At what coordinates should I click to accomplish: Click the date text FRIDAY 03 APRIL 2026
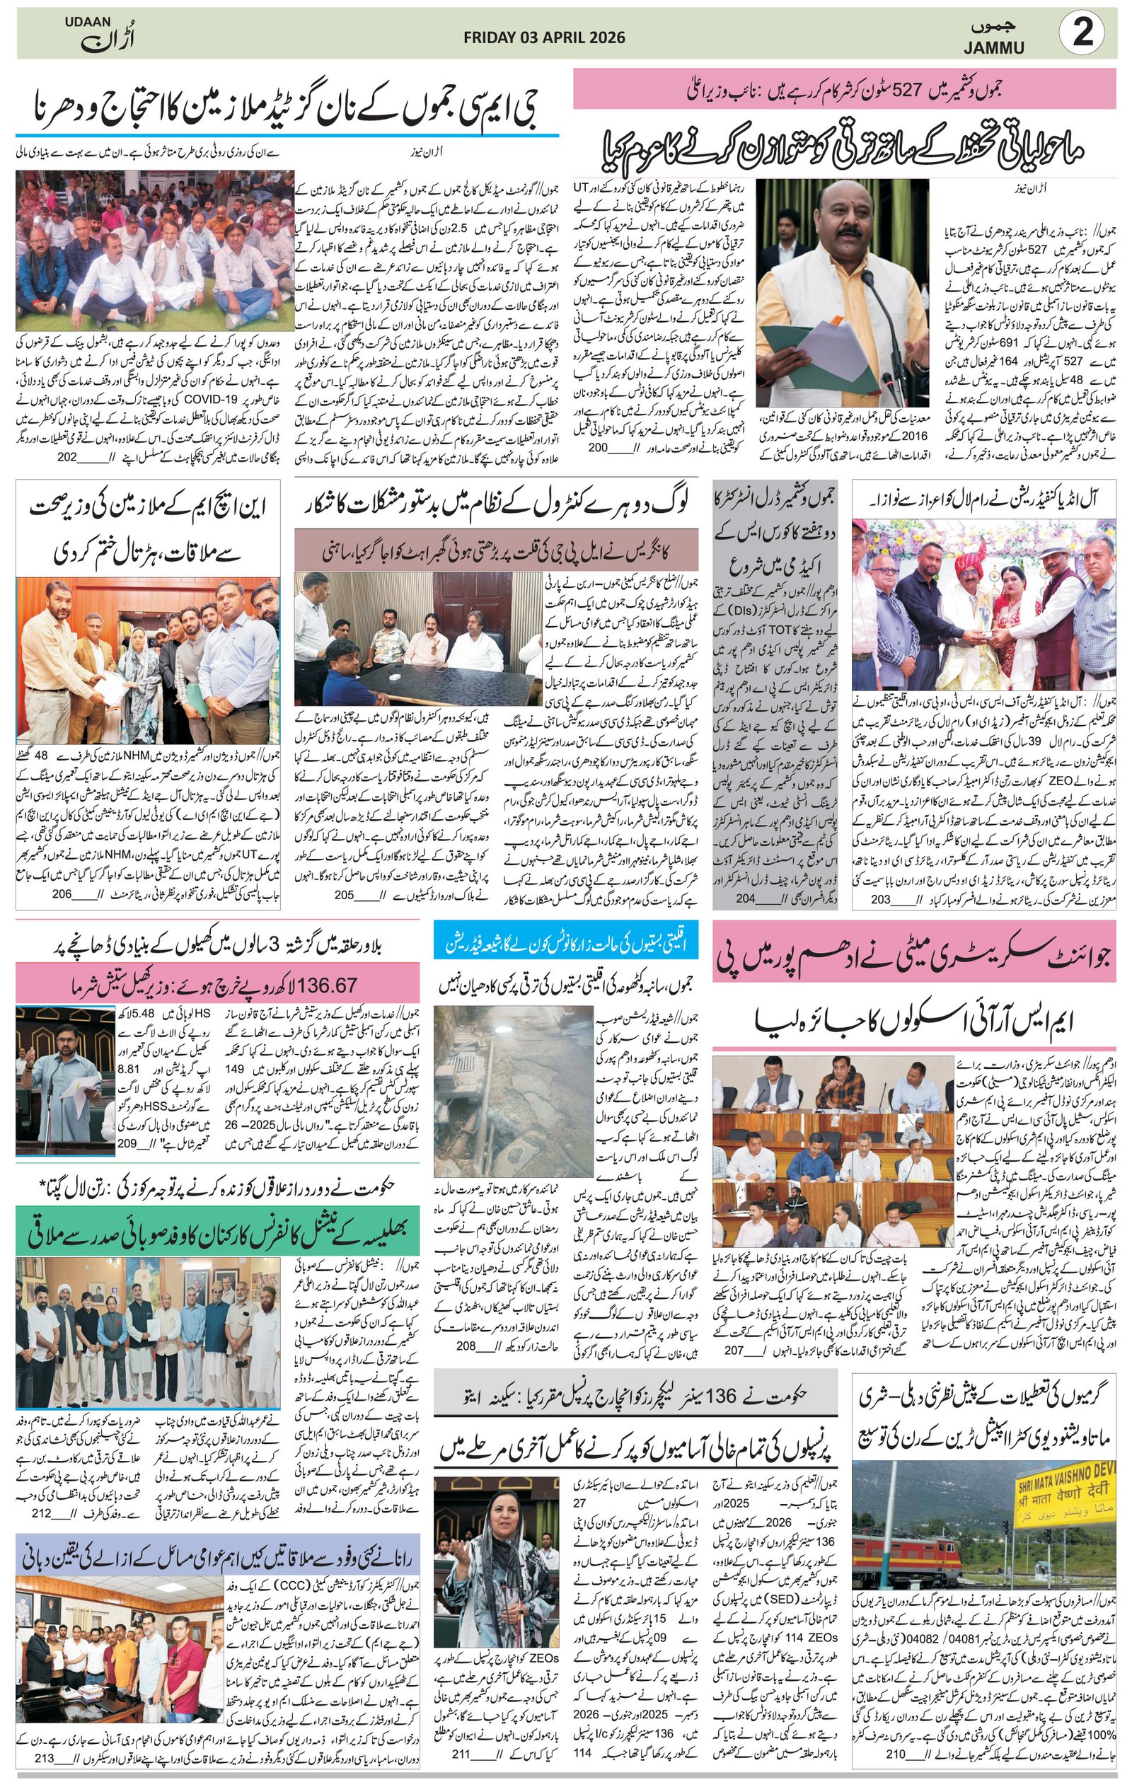pos(544,37)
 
